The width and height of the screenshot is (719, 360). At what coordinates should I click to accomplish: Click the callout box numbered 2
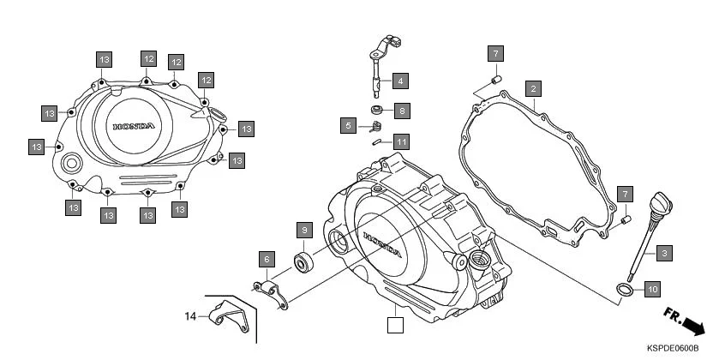point(532,88)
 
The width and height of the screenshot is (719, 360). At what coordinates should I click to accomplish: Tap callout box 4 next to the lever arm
point(400,81)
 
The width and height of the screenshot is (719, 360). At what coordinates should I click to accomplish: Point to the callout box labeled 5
point(347,126)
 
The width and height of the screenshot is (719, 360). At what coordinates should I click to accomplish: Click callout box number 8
point(401,111)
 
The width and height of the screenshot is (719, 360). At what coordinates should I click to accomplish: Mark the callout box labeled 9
point(303,230)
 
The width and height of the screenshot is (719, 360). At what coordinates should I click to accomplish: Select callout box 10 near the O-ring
point(651,289)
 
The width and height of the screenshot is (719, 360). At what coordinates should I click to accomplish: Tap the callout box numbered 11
point(401,141)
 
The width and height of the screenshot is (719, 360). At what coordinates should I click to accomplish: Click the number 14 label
point(191,316)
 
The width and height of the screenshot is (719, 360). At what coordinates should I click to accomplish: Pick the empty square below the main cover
point(394,325)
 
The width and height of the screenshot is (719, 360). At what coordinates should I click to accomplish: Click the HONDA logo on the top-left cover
point(134,127)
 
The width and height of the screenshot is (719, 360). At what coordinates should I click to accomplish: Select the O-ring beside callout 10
point(625,291)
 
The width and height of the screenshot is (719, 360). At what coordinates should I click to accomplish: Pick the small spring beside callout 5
point(374,128)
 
